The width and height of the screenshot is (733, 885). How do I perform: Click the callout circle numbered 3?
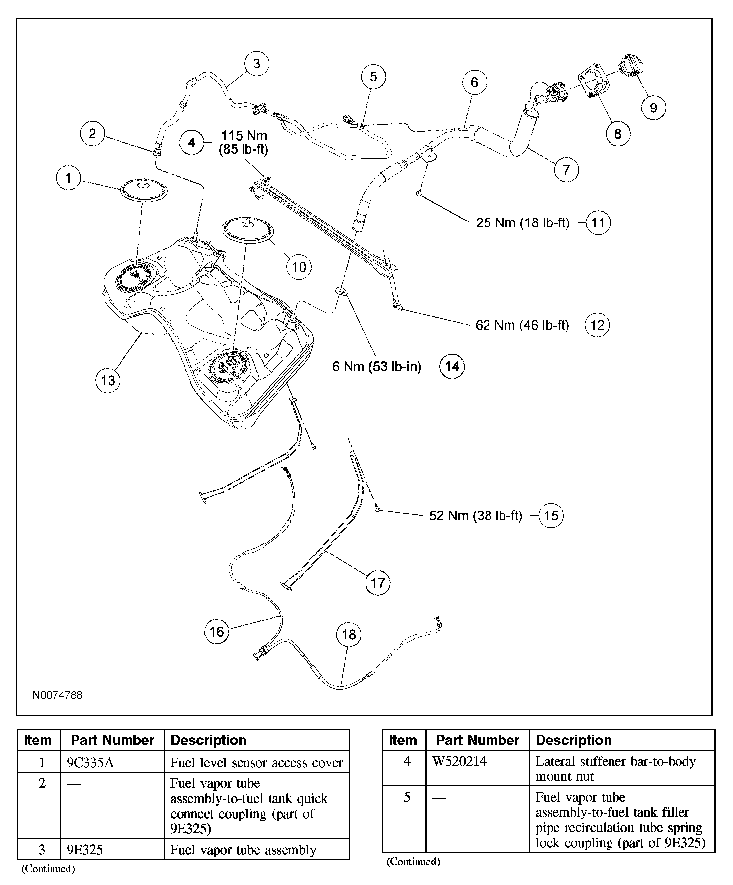click(256, 64)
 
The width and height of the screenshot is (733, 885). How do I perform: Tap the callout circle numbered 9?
click(653, 107)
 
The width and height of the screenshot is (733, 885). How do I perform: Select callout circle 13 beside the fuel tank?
click(108, 381)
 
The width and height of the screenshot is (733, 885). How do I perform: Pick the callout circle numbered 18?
click(349, 634)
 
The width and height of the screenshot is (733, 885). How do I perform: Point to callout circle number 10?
click(298, 267)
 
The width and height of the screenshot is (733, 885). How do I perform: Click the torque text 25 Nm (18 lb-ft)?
click(522, 222)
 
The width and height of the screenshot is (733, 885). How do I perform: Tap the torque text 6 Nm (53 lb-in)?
click(376, 367)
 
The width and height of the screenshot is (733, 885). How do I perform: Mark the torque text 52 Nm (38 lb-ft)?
click(476, 516)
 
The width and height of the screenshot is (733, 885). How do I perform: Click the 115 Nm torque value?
click(244, 136)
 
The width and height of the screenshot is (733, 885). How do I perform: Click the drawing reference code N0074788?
click(58, 695)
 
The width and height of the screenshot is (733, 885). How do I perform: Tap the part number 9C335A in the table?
click(90, 763)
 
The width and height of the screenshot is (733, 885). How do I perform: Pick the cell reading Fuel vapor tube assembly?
click(243, 850)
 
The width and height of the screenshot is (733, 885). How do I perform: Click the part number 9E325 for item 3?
click(85, 850)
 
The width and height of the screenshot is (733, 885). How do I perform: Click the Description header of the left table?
click(208, 740)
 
